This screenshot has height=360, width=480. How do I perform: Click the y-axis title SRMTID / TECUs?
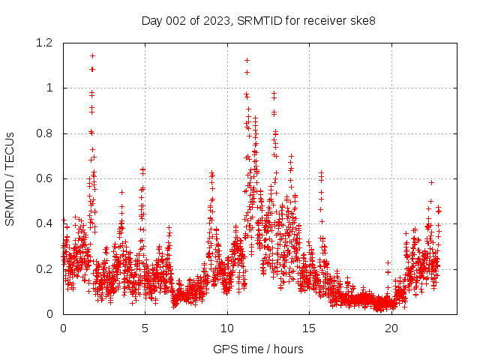(x=10, y=178)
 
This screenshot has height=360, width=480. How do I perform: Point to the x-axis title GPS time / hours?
(x=259, y=349)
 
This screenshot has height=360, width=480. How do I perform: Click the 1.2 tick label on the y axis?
(x=46, y=43)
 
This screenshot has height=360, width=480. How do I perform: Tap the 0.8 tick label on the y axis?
(x=46, y=133)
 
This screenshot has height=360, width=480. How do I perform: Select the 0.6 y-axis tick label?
(x=46, y=178)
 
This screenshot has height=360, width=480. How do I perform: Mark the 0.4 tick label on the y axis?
(x=46, y=223)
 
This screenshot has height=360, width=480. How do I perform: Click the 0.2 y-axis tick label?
(x=46, y=268)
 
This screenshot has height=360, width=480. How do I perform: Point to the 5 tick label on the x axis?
(x=145, y=328)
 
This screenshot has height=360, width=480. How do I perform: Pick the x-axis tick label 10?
(x=227, y=328)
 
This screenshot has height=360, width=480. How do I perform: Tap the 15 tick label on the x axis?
(x=309, y=328)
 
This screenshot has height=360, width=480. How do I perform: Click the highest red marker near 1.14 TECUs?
(x=92, y=55)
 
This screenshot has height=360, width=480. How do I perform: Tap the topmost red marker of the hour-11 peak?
(x=247, y=60)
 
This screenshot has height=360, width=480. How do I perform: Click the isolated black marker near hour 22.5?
(x=431, y=182)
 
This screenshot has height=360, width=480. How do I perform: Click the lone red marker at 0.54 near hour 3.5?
(x=121, y=192)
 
